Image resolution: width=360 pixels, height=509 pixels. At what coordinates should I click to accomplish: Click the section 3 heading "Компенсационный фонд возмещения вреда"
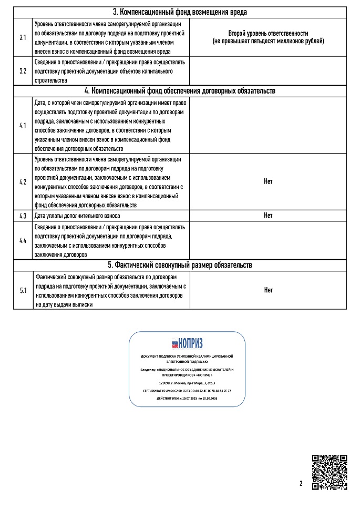tap(180, 12)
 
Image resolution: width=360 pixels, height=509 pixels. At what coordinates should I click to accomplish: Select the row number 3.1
tap(23, 38)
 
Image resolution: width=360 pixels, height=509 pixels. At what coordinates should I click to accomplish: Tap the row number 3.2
tap(23, 70)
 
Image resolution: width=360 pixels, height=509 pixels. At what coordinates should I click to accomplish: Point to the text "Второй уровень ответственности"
tap(268, 33)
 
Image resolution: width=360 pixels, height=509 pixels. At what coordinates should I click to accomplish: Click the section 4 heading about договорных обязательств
tap(180, 91)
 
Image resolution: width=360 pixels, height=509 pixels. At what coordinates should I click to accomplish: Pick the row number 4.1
tap(23, 126)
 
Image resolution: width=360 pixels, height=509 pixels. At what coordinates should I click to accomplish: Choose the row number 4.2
tap(23, 181)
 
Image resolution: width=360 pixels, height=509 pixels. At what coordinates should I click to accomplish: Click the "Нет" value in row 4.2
tap(268, 181)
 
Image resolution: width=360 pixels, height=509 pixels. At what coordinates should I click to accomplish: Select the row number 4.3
tap(23, 216)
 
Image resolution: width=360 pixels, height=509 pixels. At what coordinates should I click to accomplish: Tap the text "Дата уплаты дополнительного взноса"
tap(77, 216)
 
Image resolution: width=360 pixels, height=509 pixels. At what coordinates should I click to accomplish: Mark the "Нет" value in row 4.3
tap(268, 216)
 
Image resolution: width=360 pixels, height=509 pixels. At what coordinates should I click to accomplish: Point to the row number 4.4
tap(23, 240)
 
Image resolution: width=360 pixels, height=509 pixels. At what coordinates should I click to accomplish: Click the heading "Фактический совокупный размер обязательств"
tap(180, 265)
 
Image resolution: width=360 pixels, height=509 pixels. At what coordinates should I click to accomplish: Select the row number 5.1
tap(23, 290)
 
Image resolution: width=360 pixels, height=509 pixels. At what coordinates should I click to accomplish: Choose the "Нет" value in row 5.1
tap(268, 290)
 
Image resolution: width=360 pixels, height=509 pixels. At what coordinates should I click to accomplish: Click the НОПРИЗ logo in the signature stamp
tap(187, 343)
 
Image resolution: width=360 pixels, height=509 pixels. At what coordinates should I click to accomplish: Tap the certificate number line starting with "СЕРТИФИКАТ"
tap(187, 391)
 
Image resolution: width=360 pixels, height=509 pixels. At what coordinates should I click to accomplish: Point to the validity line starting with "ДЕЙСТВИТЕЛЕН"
tap(187, 399)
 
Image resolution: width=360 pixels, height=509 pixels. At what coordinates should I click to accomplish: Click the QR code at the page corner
tap(329, 472)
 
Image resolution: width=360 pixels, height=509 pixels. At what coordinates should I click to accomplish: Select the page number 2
tap(301, 484)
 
